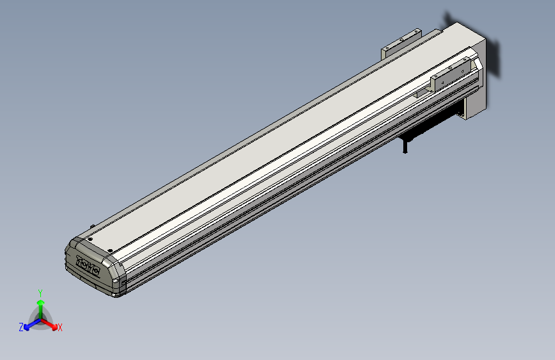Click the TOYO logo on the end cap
click(x=88, y=266)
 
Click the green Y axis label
click(x=40, y=292)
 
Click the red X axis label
click(x=60, y=327)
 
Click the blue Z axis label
click(x=21, y=327)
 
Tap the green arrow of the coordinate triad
click(x=40, y=306)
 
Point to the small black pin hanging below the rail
click(x=405, y=147)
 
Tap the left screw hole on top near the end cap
click(x=90, y=239)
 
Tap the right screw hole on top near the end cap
click(x=110, y=250)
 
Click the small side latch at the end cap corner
click(x=116, y=281)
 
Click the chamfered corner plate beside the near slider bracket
click(x=477, y=63)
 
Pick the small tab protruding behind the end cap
click(x=93, y=226)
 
